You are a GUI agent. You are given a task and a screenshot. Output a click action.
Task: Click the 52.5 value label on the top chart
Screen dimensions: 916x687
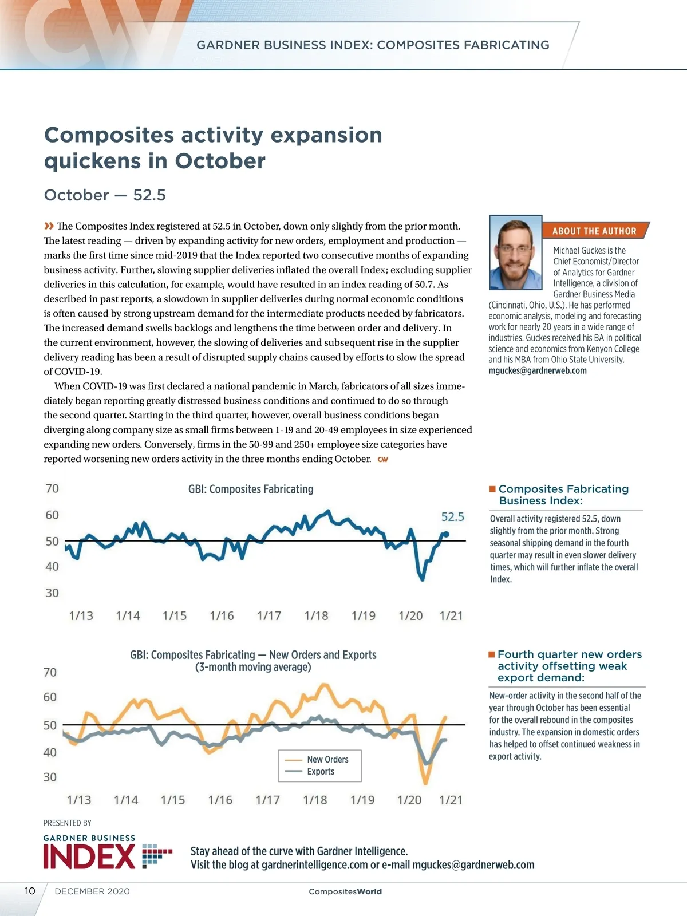[452, 517]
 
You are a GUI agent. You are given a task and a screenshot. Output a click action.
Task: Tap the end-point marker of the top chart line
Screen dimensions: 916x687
[447, 534]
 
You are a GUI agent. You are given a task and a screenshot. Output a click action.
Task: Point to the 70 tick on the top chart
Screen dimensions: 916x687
[52, 488]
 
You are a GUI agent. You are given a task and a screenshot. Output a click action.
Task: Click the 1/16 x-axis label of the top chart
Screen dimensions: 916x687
[222, 616]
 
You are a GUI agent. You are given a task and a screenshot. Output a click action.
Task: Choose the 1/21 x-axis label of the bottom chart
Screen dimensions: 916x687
[451, 800]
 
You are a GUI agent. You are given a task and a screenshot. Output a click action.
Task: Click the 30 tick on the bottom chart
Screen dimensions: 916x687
[50, 777]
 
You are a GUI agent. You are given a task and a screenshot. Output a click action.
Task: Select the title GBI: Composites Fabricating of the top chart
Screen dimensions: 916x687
[251, 489]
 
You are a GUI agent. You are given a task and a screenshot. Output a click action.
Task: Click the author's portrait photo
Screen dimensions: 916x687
[515, 252]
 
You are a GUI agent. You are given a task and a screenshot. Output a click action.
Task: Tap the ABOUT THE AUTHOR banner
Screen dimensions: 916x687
[594, 231]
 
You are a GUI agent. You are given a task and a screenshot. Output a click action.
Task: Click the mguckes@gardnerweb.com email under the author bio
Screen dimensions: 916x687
[538, 370]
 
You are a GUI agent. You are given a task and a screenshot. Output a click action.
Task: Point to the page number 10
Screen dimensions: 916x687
[30, 891]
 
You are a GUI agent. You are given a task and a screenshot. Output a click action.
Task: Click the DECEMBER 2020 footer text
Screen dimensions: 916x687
[92, 891]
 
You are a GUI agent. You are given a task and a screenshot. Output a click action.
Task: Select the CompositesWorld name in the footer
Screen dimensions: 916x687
[345, 891]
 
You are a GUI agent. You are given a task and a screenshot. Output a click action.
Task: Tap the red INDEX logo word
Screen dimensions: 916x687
[89, 857]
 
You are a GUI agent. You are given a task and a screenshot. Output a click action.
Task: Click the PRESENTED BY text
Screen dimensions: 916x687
[68, 823]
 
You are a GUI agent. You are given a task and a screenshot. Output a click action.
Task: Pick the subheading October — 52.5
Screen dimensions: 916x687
[105, 195]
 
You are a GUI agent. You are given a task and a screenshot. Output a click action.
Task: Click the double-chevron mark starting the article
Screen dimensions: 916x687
[49, 226]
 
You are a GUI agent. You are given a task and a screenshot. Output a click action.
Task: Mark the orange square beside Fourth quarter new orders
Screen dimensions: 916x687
[491, 654]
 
